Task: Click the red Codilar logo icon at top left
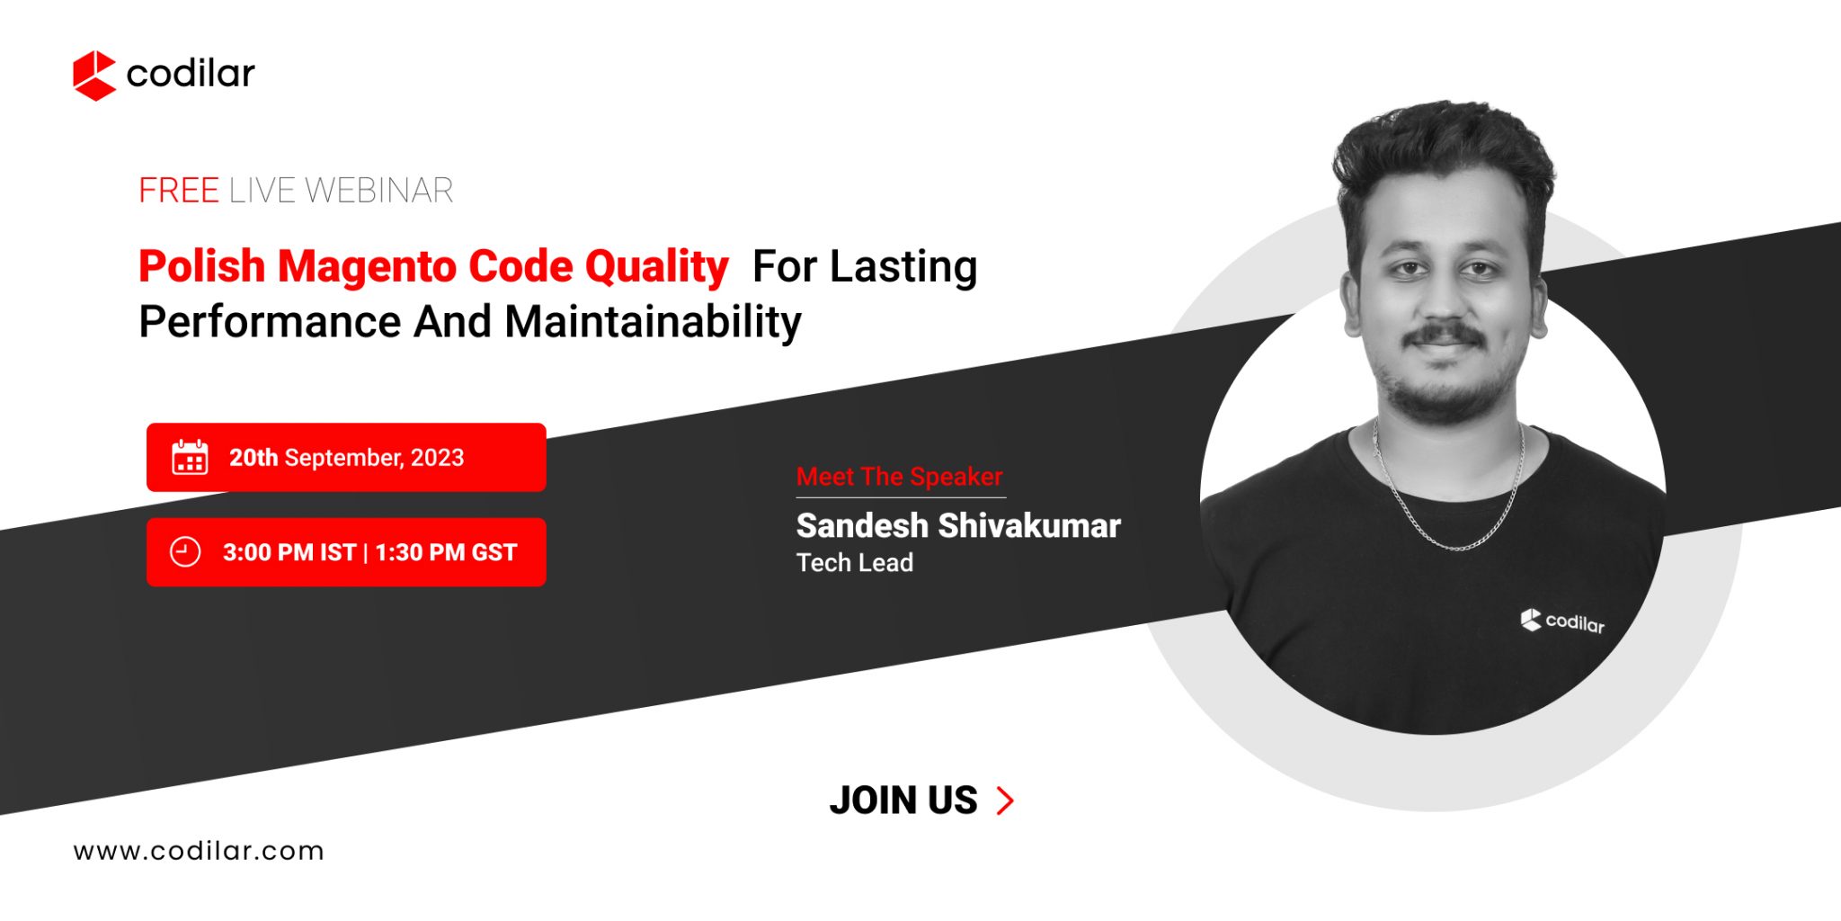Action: coord(93,75)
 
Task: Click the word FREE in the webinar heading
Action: coord(178,191)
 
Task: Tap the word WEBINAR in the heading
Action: coord(378,191)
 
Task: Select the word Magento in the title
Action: coord(367,266)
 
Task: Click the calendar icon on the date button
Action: coord(190,458)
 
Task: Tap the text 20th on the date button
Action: coord(253,458)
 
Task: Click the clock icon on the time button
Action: coord(185,552)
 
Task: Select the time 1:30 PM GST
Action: coord(446,552)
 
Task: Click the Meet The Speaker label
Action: coord(899,477)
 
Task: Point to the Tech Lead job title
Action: coord(854,563)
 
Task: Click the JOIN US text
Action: coord(903,800)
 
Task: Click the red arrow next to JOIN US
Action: coord(1006,800)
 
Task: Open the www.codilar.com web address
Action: coord(199,851)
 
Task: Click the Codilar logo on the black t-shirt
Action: coord(1562,621)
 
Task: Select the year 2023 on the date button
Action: coord(437,458)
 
